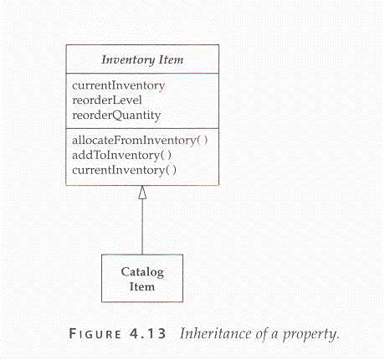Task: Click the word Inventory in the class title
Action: (x=128, y=60)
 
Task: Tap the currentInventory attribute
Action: (x=119, y=85)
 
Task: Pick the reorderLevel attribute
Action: (x=107, y=100)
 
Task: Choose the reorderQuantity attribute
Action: (x=116, y=116)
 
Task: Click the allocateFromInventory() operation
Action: (x=140, y=140)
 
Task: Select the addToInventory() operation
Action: (x=121, y=155)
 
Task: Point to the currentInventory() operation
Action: (x=124, y=170)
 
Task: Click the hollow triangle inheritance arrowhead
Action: (x=142, y=193)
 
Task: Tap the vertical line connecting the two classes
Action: (x=142, y=227)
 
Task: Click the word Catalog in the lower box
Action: (x=142, y=272)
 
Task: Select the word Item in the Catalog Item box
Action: (x=142, y=286)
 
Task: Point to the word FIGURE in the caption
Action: (x=95, y=334)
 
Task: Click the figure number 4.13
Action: (x=147, y=334)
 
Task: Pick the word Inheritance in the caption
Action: (x=215, y=333)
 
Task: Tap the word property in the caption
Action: (x=311, y=334)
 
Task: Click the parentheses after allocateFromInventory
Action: (x=203, y=140)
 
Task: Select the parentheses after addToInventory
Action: (x=166, y=155)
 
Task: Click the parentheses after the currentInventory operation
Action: (x=171, y=170)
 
